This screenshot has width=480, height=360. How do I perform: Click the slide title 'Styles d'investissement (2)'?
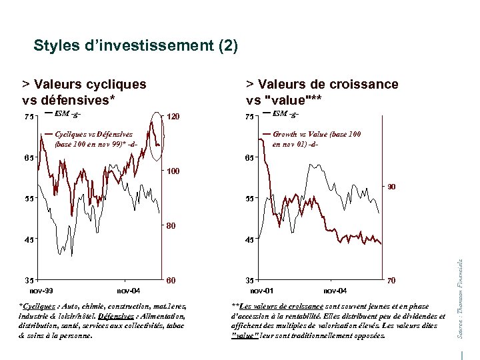tap(135, 46)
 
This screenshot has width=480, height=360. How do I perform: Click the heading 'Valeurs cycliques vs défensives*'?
tap(85, 92)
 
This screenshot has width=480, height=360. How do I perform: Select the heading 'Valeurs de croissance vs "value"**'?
tap(322, 92)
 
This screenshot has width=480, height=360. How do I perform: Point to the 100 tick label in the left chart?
tap(173, 171)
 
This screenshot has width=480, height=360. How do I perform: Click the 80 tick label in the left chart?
tap(171, 226)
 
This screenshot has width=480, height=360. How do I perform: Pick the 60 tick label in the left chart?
tap(171, 281)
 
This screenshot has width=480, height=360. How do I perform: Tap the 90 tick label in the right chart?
tap(392, 187)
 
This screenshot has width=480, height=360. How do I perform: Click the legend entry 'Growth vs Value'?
tap(317, 134)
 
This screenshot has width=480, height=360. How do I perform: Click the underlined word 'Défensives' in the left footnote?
tap(115, 316)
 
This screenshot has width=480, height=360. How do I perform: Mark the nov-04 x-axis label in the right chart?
tap(335, 291)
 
